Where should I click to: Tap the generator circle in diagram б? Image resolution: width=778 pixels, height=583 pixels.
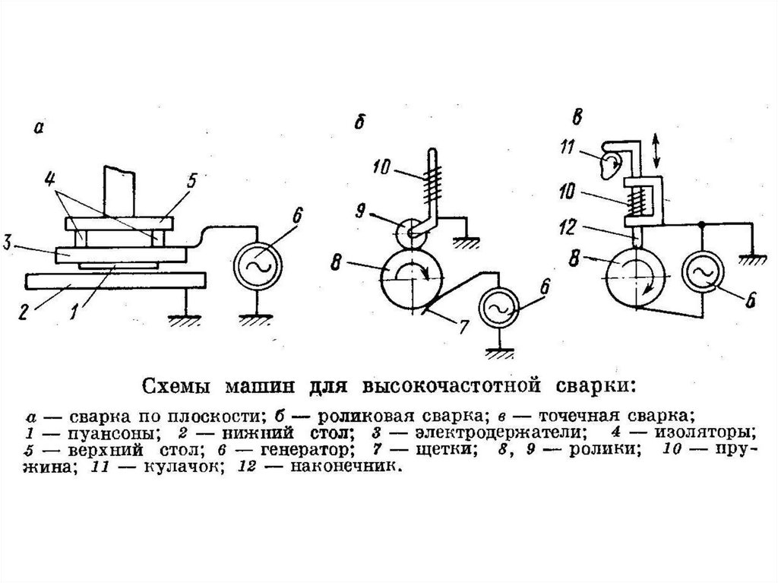pos(499,308)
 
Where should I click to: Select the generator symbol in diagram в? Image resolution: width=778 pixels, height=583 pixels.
pos(703,273)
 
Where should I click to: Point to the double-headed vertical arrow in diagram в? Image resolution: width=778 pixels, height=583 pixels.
pos(656,151)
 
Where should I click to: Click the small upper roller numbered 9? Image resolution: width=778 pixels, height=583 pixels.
pos(411,233)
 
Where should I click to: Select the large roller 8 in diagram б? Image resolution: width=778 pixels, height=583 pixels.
pos(411,279)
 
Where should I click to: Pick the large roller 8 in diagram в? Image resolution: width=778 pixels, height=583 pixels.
pos(637,277)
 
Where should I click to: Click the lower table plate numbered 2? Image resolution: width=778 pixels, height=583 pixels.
pos(115,280)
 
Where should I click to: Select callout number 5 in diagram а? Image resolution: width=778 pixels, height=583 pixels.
pos(191,180)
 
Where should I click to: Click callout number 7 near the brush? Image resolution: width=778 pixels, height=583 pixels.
pos(463,327)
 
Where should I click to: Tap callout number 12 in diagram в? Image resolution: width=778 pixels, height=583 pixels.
pos(567,227)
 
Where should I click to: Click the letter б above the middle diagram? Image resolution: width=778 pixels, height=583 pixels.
pos(359,121)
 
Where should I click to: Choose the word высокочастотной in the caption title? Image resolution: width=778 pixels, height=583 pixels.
pos(451,386)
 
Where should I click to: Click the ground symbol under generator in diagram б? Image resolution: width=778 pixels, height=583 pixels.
pos(499,352)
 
